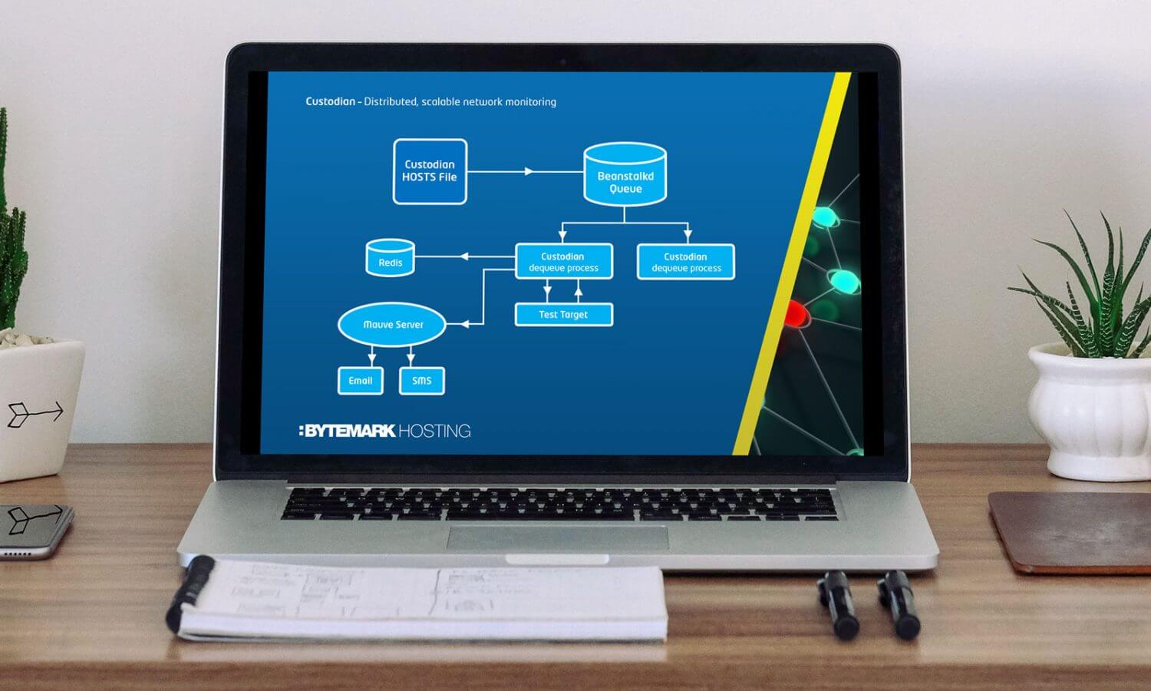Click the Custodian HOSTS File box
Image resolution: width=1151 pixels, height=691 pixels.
(x=430, y=171)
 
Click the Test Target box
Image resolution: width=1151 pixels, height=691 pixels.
(x=563, y=314)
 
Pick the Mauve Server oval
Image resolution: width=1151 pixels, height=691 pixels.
(x=392, y=325)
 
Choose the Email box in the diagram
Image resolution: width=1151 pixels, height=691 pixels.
(x=360, y=381)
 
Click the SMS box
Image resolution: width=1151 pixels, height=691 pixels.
(x=421, y=381)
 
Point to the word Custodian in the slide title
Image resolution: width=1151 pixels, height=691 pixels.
(x=330, y=101)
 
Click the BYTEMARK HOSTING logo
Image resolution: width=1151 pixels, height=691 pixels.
(x=384, y=431)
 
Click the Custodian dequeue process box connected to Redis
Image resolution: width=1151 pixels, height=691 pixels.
(x=563, y=262)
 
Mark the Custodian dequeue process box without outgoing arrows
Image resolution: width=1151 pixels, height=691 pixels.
(x=686, y=262)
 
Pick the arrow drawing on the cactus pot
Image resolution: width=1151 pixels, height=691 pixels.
(x=35, y=414)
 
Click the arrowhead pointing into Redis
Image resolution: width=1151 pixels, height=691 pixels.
(x=464, y=256)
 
